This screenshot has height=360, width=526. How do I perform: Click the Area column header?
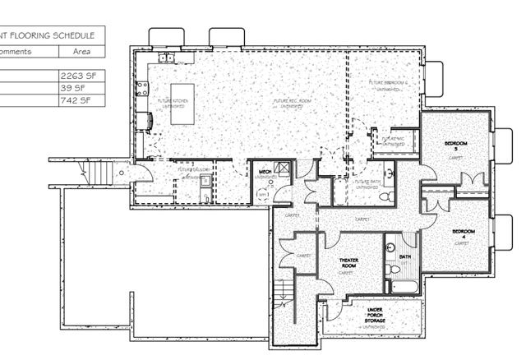coord(82,51)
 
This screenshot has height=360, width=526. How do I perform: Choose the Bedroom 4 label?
coord(461,234)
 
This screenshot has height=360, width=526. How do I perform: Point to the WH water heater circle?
coord(263,194)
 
